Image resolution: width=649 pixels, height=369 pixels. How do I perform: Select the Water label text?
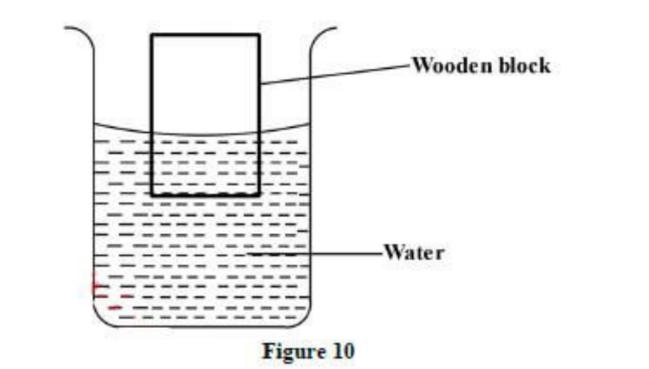tap(413, 253)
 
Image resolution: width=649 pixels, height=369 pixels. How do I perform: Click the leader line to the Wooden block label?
tap(335, 73)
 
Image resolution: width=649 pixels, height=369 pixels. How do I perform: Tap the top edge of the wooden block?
tap(205, 34)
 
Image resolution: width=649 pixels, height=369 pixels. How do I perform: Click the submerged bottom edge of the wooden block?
tap(205, 195)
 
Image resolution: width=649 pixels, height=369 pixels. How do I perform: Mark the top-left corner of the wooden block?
tap(152, 34)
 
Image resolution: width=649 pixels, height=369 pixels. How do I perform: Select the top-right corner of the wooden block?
tap(258, 34)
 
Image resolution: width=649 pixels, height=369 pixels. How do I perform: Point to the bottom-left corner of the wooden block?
tap(152, 195)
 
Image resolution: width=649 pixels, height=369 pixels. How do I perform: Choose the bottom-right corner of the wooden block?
tap(258, 195)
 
